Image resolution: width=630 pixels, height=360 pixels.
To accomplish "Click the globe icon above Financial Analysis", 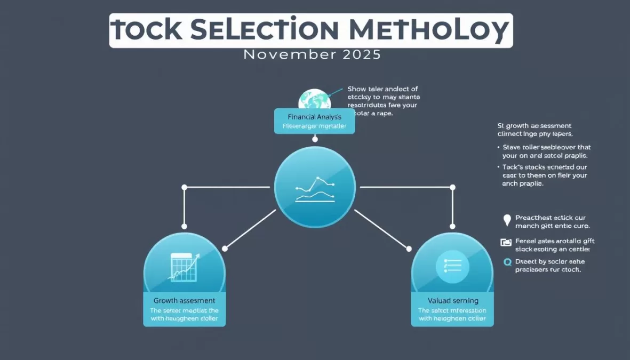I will click(314, 99).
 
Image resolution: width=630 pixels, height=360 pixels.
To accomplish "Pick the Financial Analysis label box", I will click(314, 121).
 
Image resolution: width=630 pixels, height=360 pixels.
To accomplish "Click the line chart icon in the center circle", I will click(315, 189).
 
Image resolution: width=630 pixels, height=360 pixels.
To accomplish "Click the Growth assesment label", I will click(184, 301).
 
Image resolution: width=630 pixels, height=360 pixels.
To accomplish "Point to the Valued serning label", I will click(452, 301).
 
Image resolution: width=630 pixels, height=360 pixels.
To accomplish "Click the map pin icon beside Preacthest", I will click(507, 220).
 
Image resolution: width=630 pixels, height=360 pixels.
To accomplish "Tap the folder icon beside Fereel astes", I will click(506, 242).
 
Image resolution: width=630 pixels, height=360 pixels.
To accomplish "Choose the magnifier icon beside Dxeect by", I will click(507, 262).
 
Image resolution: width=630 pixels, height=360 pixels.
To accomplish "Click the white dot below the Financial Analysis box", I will click(315, 139).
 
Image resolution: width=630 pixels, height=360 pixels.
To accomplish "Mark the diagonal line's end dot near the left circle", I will click(225, 249).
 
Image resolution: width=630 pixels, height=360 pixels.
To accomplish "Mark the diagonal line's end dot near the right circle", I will click(409, 249).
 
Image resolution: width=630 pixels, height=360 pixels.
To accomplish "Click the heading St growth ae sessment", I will click(539, 126).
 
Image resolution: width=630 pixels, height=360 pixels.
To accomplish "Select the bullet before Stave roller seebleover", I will click(498, 147).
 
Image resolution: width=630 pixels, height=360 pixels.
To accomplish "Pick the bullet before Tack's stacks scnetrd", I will click(498, 167).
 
